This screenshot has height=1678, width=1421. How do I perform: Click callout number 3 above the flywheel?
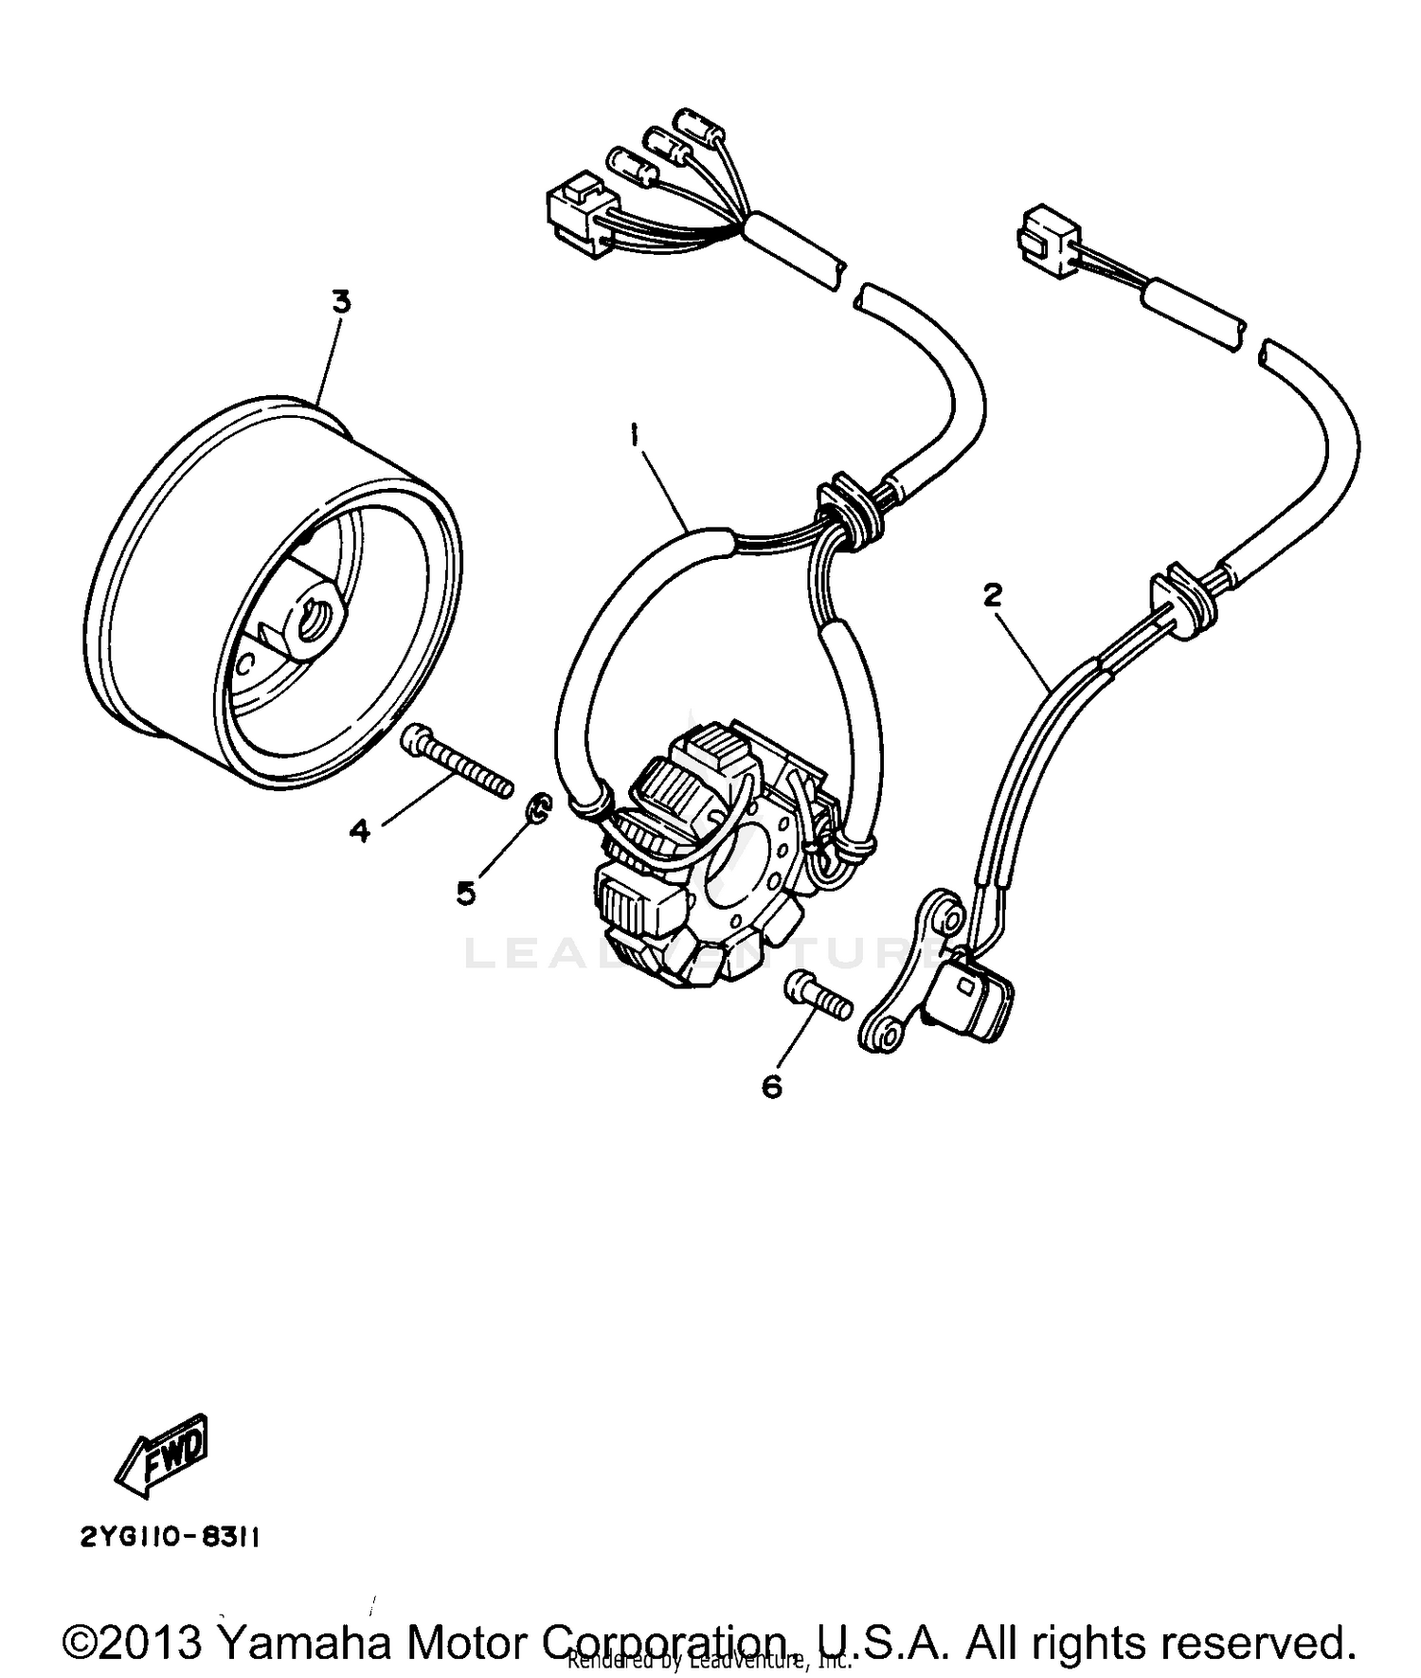[340, 302]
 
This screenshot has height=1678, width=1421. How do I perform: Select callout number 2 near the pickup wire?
[992, 595]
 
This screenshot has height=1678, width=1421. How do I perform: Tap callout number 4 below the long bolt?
[359, 831]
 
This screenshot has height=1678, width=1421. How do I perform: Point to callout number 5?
[465, 892]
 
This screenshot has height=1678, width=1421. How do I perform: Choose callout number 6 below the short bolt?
[772, 1086]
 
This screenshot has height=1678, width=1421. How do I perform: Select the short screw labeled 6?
[818, 997]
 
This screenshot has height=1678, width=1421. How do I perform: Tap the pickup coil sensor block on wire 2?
[973, 997]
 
